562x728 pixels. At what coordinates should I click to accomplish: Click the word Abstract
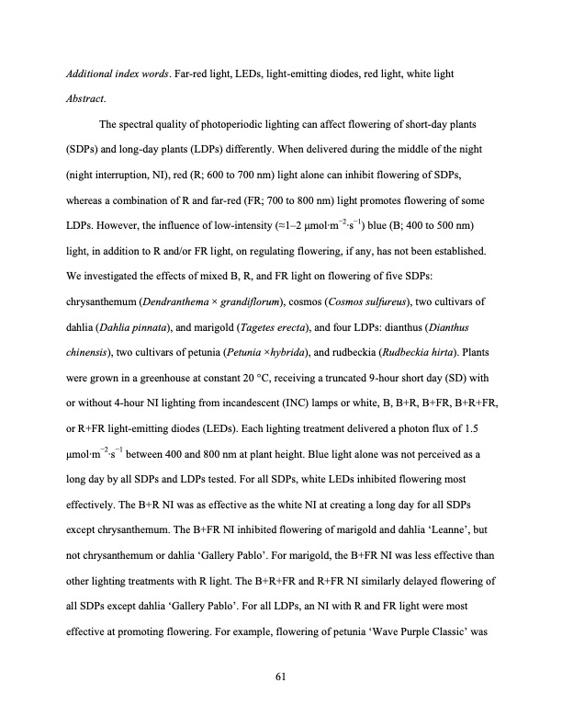(x=84, y=99)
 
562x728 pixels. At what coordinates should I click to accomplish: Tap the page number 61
(x=281, y=677)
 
